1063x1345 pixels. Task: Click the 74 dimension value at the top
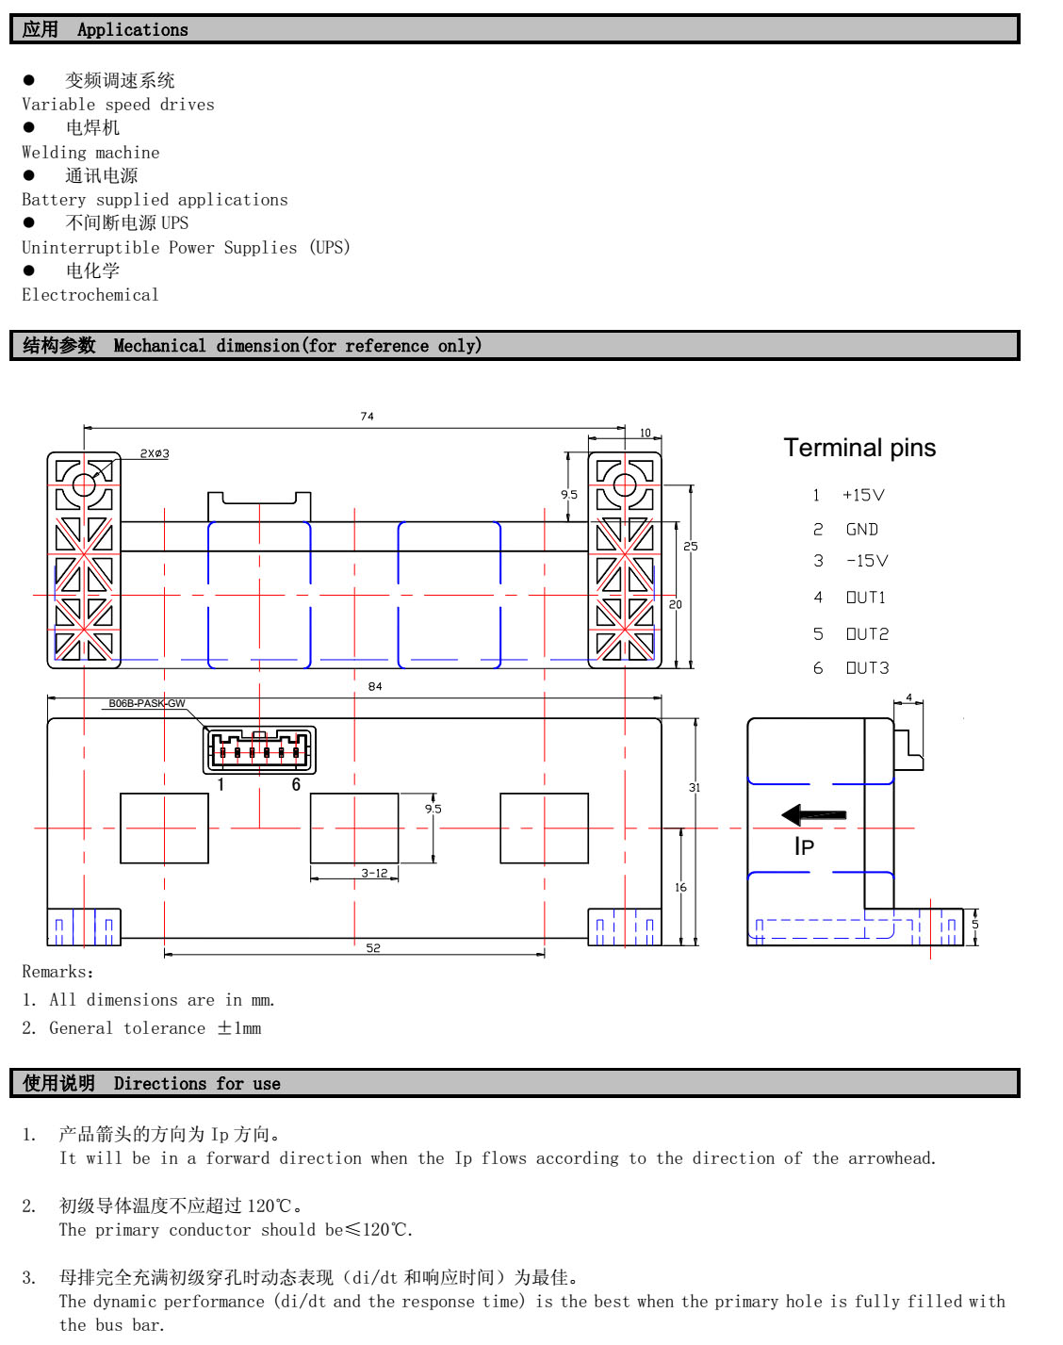coord(367,416)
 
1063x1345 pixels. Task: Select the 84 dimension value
coord(375,686)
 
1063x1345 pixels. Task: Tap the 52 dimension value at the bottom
coord(373,948)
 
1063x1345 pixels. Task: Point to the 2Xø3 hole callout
coord(155,453)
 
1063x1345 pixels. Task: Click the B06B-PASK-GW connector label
coord(147,703)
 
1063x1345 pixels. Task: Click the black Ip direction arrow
coord(814,814)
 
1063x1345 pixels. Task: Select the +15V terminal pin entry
coord(863,495)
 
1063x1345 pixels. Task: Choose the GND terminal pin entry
coord(861,530)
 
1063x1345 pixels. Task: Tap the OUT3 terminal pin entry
coord(867,668)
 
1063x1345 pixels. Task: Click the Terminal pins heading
coord(859,448)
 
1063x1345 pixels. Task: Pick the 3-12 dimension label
coord(374,873)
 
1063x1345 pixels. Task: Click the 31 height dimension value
coord(695,787)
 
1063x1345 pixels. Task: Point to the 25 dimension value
coord(691,546)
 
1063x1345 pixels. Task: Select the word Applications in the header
coord(133,30)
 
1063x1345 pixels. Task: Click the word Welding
coord(54,153)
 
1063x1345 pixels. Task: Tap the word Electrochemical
coord(90,295)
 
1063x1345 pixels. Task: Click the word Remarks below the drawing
coord(55,972)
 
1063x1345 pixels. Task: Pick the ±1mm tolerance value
coord(239,1028)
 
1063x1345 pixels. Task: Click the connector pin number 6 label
coord(296,784)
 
